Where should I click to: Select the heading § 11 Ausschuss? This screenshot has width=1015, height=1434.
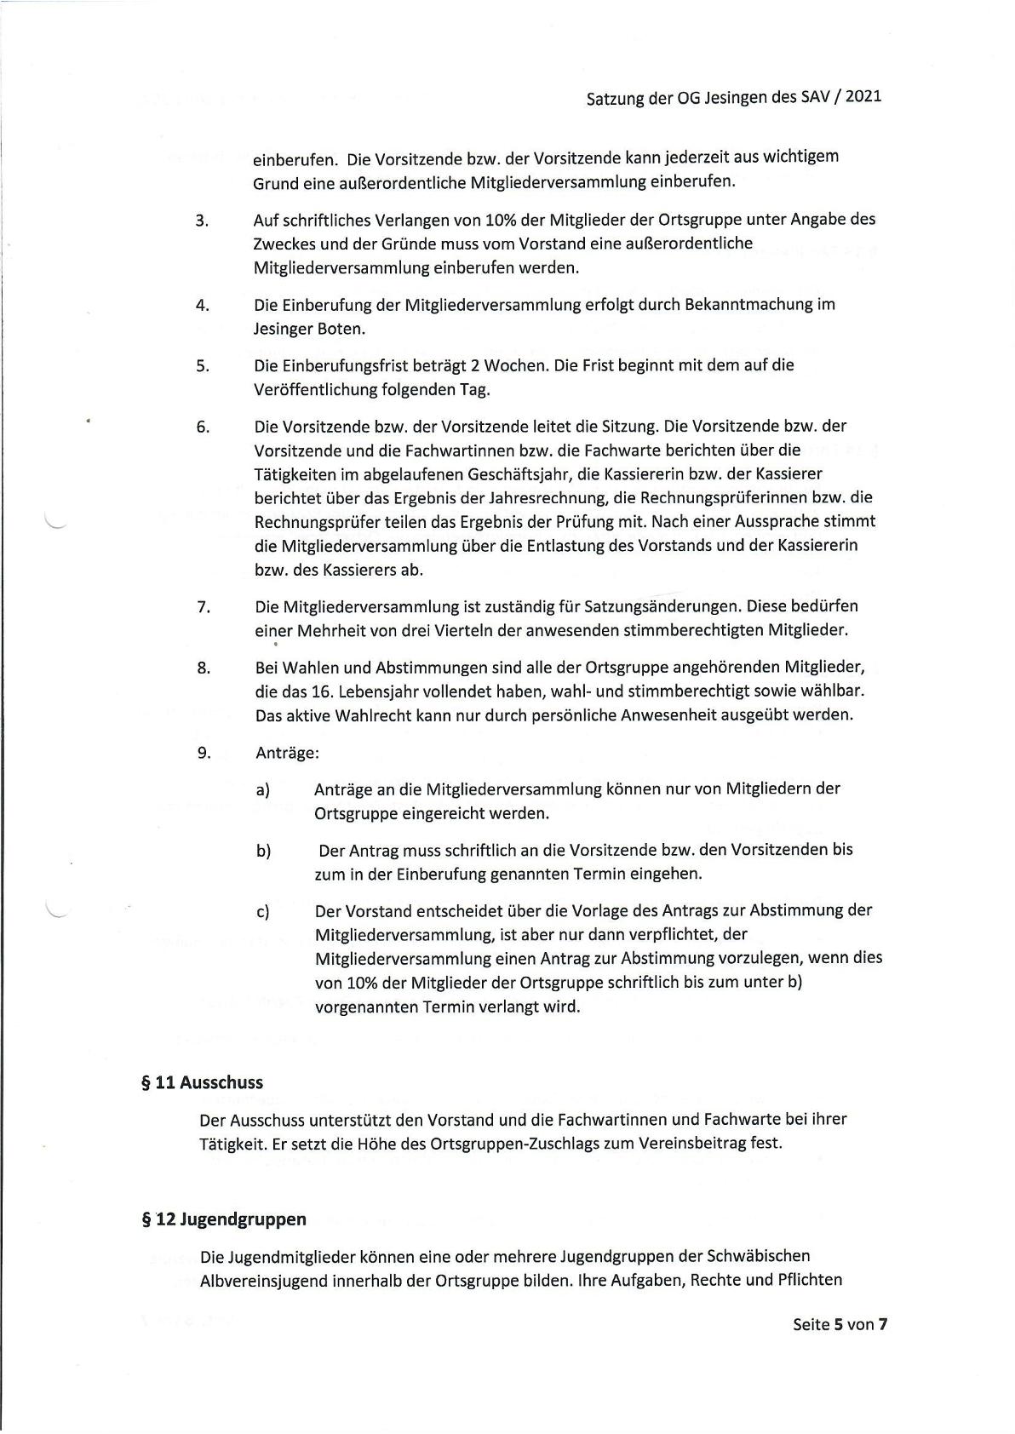click(203, 1083)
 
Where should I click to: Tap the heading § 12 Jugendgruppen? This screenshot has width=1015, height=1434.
click(224, 1219)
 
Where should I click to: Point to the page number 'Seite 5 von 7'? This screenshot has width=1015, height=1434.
click(840, 1324)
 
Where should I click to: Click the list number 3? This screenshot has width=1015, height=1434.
click(202, 221)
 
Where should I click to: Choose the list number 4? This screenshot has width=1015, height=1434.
click(202, 305)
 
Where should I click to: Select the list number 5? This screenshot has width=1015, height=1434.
click(202, 366)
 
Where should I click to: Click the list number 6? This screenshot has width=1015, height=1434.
click(202, 427)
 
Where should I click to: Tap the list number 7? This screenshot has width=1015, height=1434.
click(203, 607)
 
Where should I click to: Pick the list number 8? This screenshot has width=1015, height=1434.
click(203, 668)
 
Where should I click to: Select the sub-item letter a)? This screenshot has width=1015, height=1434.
click(263, 789)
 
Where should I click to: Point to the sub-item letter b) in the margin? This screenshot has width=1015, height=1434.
click(263, 851)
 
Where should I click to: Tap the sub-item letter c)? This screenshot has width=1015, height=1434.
click(263, 911)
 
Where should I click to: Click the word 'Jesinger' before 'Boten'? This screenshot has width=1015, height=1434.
click(284, 329)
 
